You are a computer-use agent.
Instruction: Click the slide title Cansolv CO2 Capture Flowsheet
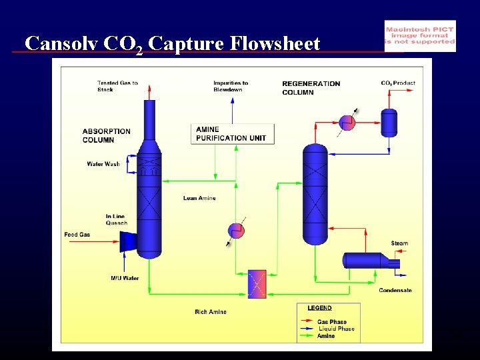tap(172, 44)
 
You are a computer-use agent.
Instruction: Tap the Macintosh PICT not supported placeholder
tap(420, 35)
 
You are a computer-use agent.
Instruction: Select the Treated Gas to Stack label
tap(117, 86)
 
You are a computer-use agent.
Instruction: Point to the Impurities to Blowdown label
tap(231, 86)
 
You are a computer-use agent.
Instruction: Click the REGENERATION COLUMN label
tap(311, 87)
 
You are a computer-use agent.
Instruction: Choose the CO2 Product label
tap(398, 83)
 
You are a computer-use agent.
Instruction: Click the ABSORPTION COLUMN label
tap(107, 135)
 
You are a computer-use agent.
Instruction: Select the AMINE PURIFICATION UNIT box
tap(231, 133)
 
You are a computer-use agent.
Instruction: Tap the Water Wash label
tap(103, 164)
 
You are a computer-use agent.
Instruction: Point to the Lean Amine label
tap(199, 198)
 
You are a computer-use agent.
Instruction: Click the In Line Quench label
tap(115, 219)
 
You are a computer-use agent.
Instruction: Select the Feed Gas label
tap(77, 235)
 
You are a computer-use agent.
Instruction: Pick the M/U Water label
tap(125, 278)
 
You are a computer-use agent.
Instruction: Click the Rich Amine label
tap(210, 312)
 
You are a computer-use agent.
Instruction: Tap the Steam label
tap(399, 243)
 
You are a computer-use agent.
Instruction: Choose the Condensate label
tap(395, 290)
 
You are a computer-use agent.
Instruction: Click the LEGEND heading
tap(319, 308)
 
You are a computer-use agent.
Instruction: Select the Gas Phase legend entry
tap(331, 322)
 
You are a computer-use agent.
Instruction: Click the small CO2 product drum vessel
tap(389, 122)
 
